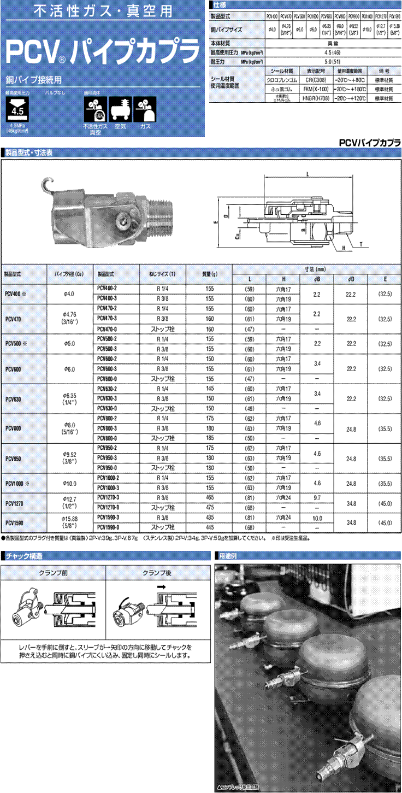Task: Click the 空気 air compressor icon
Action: pyautogui.click(x=120, y=109)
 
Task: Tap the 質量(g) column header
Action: pyautogui.click(x=209, y=273)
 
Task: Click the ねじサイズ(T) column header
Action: pyautogui.click(x=162, y=273)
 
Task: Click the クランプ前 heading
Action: pyautogui.click(x=53, y=572)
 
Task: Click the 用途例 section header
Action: pyautogui.click(x=227, y=556)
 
